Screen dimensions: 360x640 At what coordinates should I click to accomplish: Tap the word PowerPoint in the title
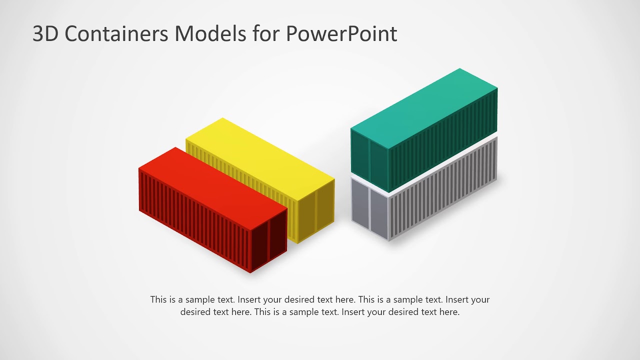(x=341, y=34)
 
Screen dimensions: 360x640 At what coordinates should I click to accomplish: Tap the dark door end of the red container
(x=269, y=240)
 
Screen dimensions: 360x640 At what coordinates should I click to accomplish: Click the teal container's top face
(x=425, y=107)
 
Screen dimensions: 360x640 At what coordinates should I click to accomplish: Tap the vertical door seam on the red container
(x=269, y=240)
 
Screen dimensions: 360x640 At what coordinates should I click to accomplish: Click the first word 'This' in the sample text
(x=159, y=300)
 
